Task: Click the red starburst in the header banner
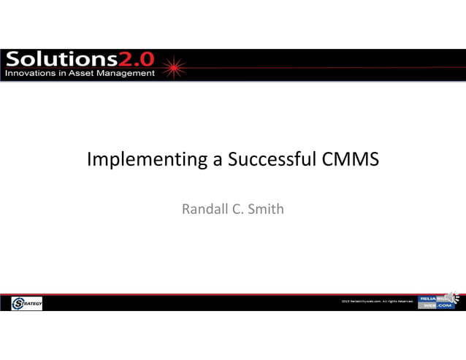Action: point(175,67)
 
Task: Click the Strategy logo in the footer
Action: point(27,303)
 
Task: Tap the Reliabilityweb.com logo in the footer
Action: point(436,302)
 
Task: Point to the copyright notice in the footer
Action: point(377,301)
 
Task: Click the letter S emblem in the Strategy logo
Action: point(18,303)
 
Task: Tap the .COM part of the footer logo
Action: point(445,306)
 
